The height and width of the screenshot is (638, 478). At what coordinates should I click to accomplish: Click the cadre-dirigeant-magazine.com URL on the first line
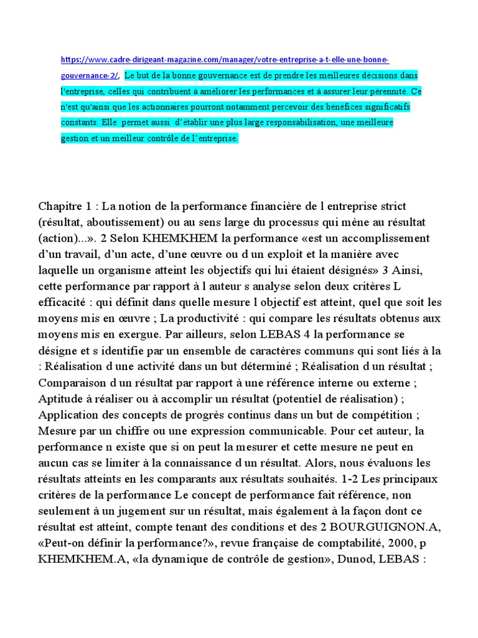tap(225, 60)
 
